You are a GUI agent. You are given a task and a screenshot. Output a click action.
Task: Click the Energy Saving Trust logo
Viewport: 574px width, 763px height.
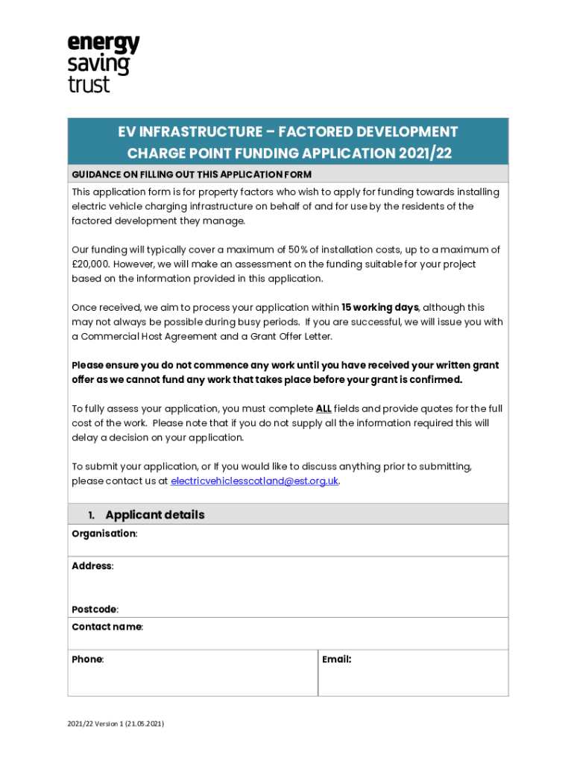pyautogui.click(x=104, y=63)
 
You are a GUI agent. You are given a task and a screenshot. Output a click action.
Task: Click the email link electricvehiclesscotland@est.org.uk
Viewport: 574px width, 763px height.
pyautogui.click(x=255, y=481)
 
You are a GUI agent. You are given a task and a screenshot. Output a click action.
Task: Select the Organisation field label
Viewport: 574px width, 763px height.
pyautogui.click(x=104, y=534)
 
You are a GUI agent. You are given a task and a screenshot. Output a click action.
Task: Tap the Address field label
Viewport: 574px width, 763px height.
pyautogui.click(x=92, y=566)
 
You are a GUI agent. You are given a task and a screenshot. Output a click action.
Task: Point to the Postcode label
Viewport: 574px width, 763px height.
pyautogui.click(x=94, y=610)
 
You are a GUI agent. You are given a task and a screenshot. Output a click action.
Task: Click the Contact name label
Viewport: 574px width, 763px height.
pyautogui.click(x=107, y=627)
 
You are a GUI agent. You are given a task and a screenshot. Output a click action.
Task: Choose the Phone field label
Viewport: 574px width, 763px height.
pyautogui.click(x=87, y=659)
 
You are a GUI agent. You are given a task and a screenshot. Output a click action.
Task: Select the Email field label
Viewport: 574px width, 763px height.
pyautogui.click(x=336, y=659)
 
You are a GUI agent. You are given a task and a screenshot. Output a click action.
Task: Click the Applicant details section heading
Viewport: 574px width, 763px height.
pyautogui.click(x=155, y=515)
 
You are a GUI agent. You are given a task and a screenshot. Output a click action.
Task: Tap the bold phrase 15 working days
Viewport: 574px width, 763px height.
pyautogui.click(x=380, y=308)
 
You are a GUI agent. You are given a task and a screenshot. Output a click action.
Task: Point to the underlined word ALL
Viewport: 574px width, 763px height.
pyautogui.click(x=324, y=409)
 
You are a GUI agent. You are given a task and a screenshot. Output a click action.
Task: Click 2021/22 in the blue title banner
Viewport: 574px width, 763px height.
pyautogui.click(x=424, y=154)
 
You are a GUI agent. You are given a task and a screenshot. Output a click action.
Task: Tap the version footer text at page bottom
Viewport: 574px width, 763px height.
pyautogui.click(x=116, y=724)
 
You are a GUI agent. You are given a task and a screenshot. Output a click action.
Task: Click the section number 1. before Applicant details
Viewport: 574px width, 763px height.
pyautogui.click(x=91, y=516)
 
